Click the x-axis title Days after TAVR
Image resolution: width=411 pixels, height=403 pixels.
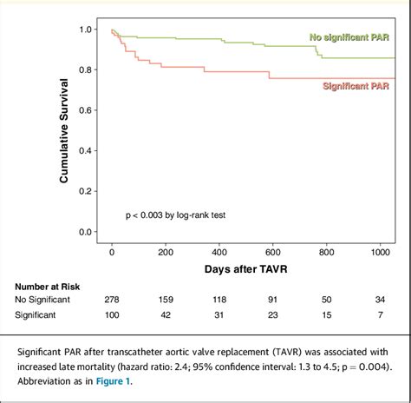pyautogui.click(x=250, y=270)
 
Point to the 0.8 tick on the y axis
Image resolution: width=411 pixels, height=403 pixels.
pyautogui.click(x=84, y=70)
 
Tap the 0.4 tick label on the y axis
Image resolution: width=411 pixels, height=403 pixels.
pyautogui.click(x=84, y=151)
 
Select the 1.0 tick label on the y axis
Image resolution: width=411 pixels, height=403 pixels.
pyautogui.click(x=84, y=30)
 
